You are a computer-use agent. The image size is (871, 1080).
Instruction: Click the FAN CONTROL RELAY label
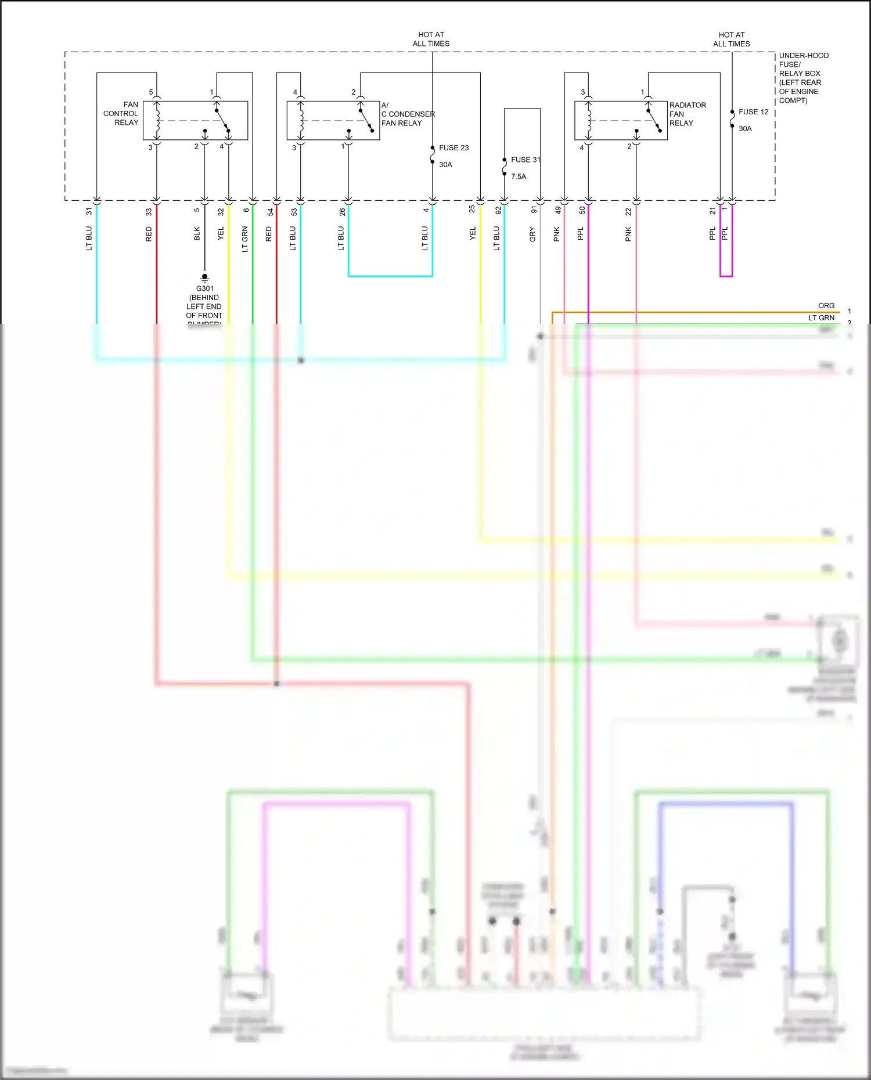coord(121,114)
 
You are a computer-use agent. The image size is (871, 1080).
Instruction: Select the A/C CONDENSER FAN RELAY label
coord(407,114)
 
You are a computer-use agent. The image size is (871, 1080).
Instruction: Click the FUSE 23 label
coord(454,148)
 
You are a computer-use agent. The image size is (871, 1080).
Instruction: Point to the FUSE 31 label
coord(525,160)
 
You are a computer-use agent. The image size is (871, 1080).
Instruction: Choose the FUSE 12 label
coord(753,111)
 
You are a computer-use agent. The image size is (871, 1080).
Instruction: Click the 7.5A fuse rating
coord(519,176)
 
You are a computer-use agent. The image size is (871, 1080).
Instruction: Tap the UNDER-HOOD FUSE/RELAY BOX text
coord(803,77)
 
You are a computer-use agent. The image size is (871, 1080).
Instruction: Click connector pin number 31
coord(89,211)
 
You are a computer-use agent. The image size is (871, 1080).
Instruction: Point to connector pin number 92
coord(498,211)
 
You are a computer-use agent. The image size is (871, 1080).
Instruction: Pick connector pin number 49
coord(558,211)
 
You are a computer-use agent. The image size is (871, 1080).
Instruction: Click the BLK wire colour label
coord(197,234)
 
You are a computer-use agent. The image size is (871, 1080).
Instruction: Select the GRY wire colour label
coord(532,234)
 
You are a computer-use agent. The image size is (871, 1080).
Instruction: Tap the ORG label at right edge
coord(826,306)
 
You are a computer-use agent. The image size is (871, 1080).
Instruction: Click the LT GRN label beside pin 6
coord(245,239)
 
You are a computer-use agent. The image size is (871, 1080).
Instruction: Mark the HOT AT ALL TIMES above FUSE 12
coord(731,39)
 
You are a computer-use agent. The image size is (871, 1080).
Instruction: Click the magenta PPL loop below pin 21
coord(726,276)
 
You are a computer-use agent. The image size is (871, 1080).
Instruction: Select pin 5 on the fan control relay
coord(151,92)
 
